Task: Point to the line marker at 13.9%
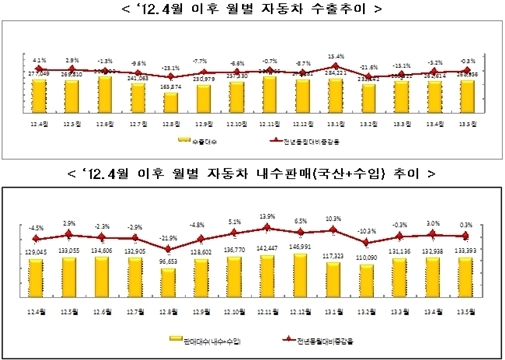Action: click(x=267, y=229)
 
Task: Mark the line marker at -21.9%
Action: click(x=169, y=248)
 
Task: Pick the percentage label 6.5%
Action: click(x=300, y=219)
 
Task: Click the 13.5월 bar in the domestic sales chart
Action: click(x=466, y=284)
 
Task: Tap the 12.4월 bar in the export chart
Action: click(x=38, y=94)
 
